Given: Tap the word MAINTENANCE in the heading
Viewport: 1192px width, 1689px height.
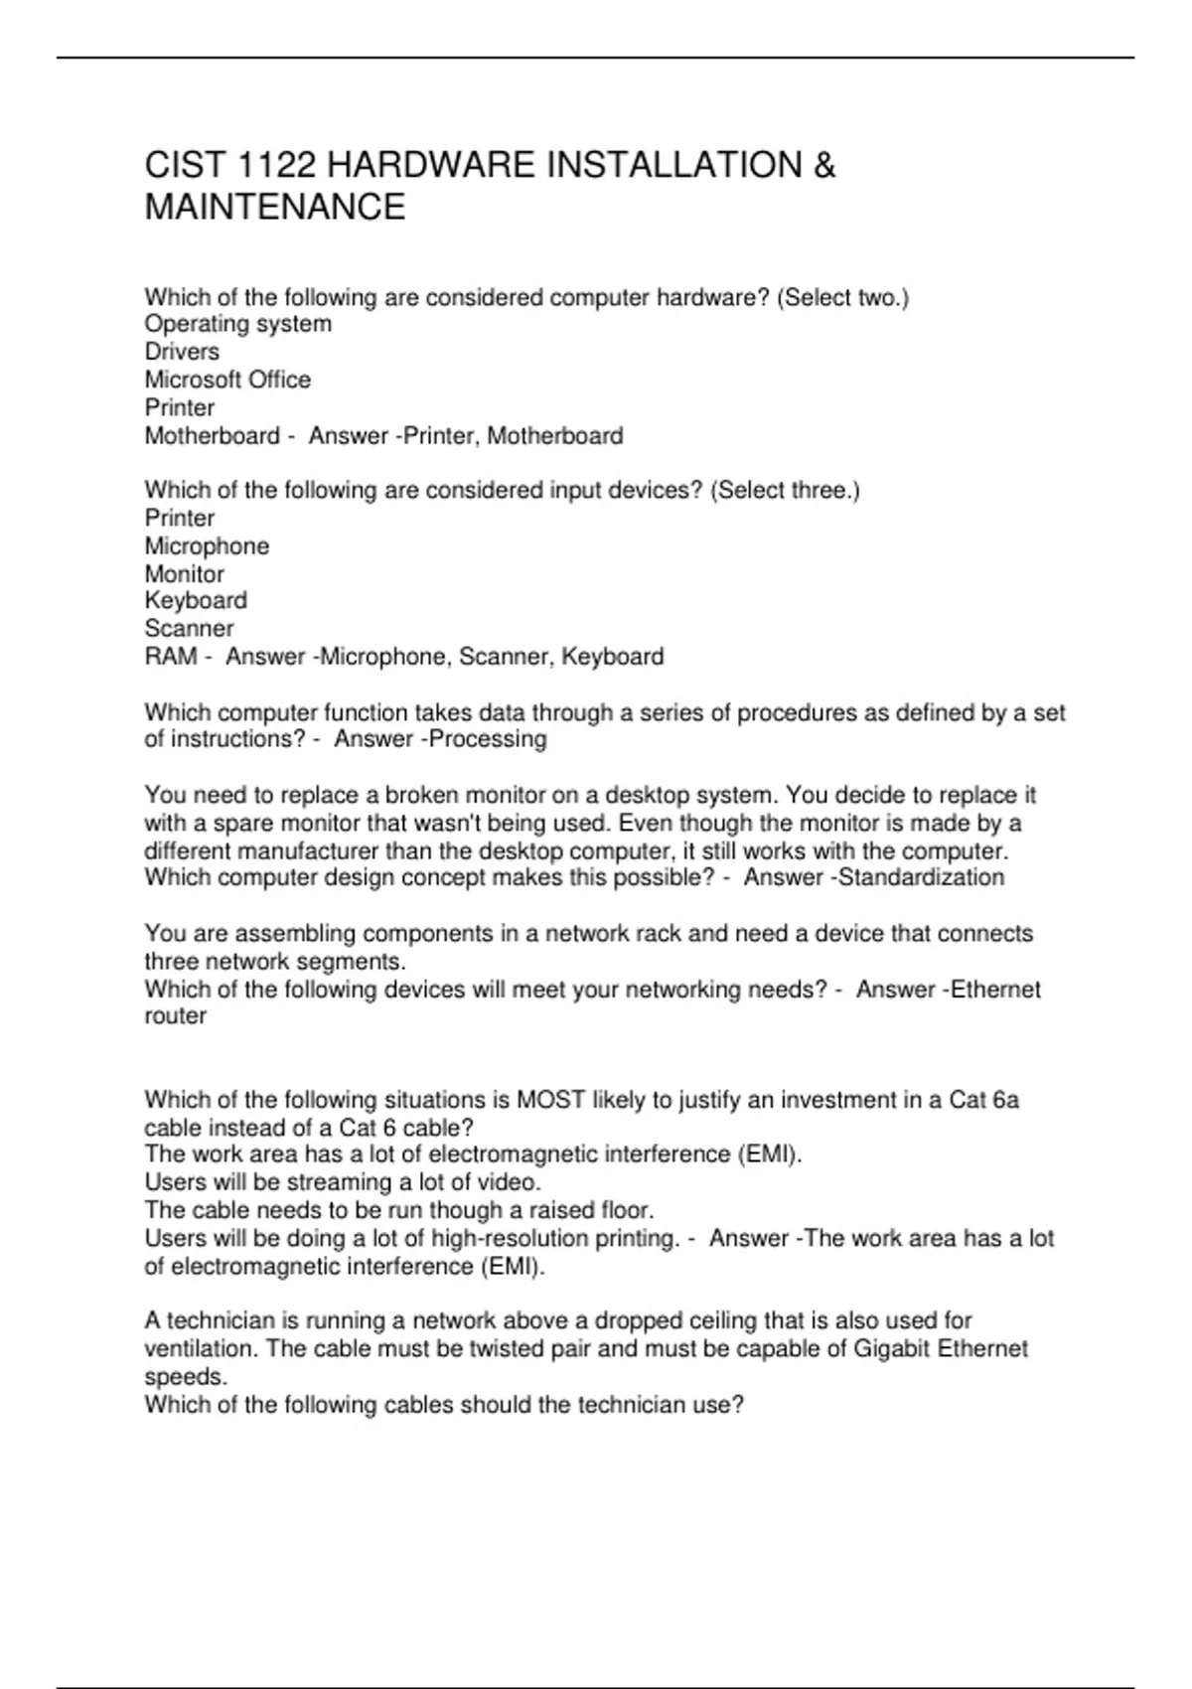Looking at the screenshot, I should pos(275,207).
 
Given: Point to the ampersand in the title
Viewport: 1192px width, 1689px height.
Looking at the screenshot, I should pos(823,165).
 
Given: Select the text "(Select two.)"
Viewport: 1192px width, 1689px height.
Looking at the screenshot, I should pos(842,297).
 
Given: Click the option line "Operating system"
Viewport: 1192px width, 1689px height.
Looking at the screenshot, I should pos(238,324).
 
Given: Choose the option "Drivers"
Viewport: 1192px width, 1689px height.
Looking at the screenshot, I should pos(182,352).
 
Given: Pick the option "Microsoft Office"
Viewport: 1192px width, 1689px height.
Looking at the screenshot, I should pos(227,380).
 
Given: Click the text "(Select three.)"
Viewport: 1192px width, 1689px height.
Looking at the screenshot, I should pos(786,490).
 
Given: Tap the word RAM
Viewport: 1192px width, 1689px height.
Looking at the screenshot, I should pos(171,657).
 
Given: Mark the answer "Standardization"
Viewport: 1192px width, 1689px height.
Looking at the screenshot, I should pos(922,877).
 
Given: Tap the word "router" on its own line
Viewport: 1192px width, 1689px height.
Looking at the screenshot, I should pos(176,1016).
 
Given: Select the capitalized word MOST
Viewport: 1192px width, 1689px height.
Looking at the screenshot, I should pos(551,1100).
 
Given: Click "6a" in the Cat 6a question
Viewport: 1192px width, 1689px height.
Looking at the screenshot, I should pos(1005,1100).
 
